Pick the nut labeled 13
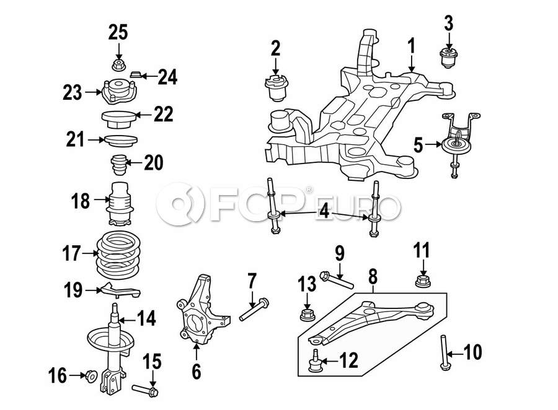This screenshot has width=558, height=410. pos(306,315)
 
